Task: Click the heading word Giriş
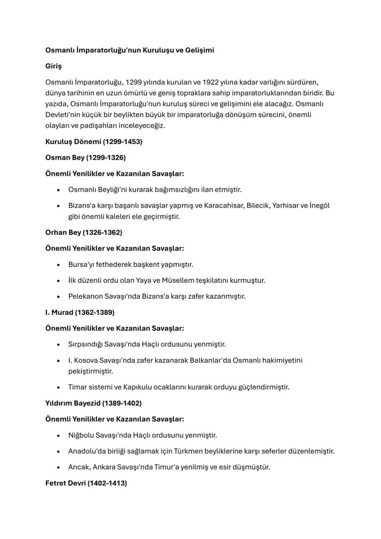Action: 53,66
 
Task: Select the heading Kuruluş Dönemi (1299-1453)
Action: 94,142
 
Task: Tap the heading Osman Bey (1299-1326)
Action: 85,157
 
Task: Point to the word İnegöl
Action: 319,205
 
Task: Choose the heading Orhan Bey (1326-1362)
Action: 84,232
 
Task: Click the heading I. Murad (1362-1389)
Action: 80,312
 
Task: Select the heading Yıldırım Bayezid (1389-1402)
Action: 93,403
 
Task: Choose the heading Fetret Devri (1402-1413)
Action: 86,483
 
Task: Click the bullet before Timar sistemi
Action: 58,387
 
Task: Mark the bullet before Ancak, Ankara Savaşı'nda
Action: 58,467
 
